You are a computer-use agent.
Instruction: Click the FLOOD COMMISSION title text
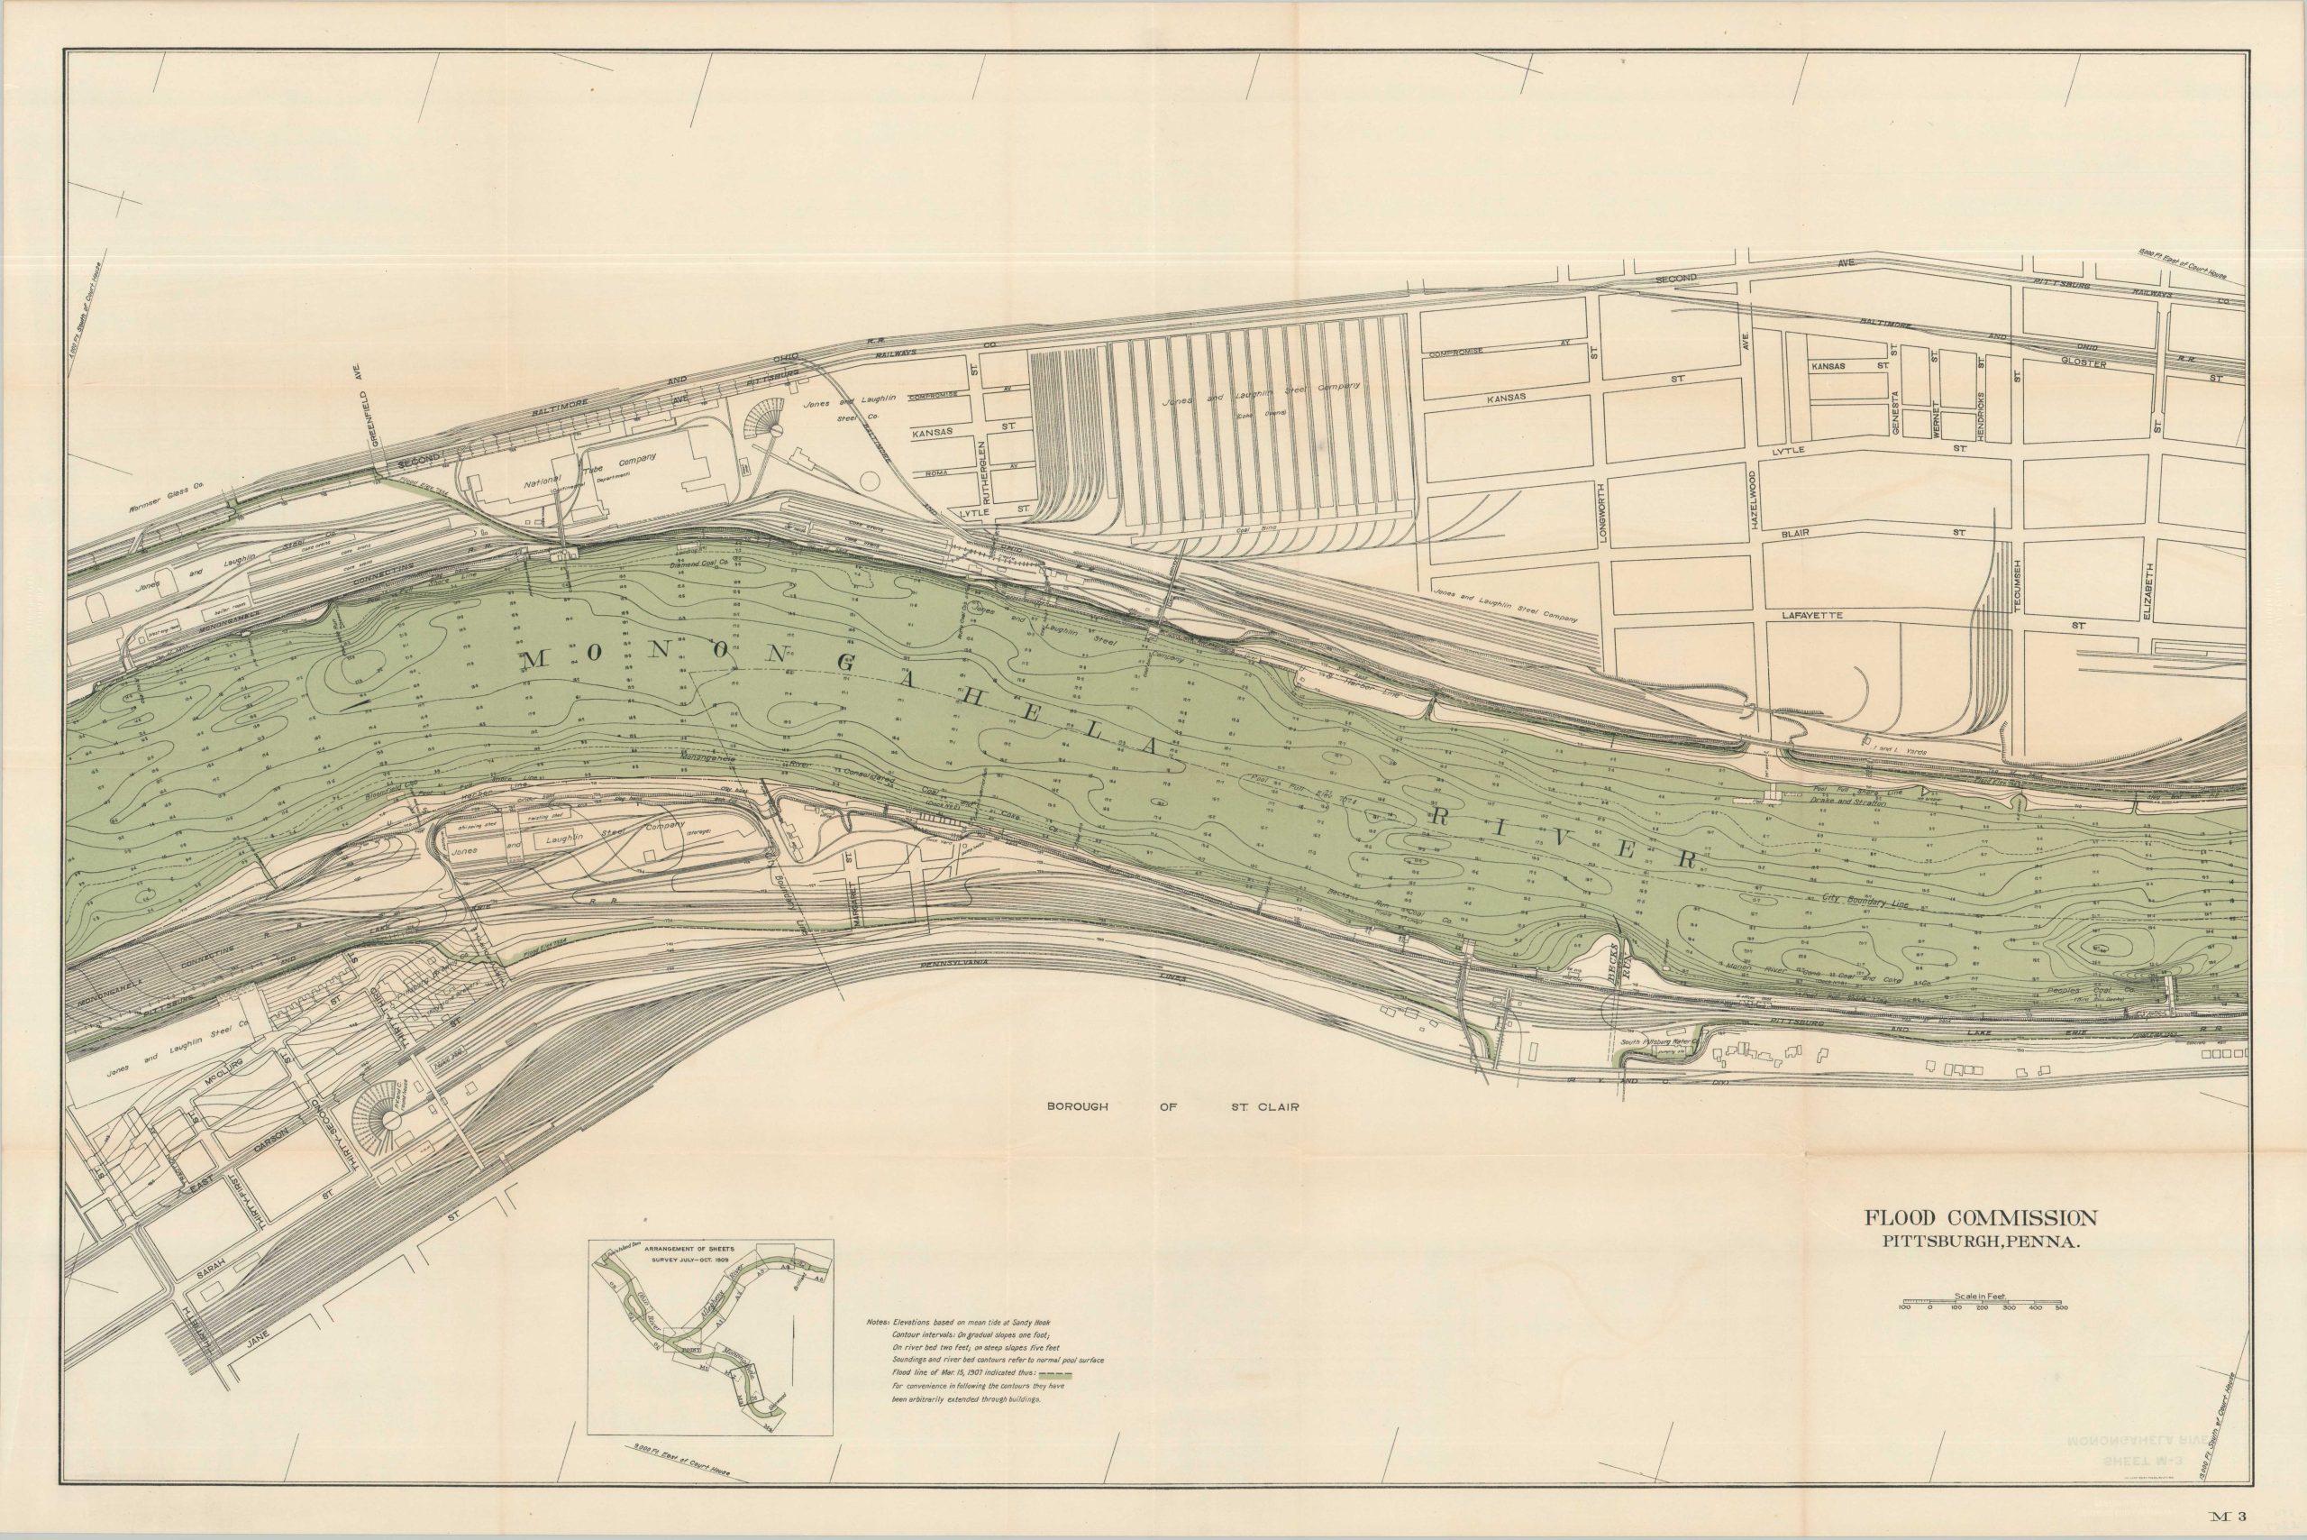point(1981,1218)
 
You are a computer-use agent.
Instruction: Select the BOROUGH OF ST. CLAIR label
point(1172,1107)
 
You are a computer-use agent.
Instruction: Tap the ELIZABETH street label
point(2149,591)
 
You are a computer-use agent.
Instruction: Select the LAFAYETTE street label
point(1812,616)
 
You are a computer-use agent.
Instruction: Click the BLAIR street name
point(1795,532)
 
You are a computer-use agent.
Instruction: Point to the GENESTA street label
point(1896,413)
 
